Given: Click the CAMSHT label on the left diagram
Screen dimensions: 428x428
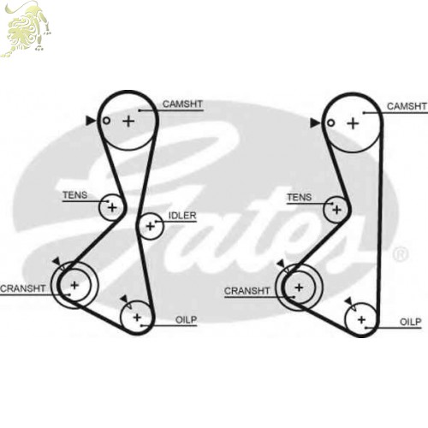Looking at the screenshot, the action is pos(182,104).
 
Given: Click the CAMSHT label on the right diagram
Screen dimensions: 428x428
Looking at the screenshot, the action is pos(407,106).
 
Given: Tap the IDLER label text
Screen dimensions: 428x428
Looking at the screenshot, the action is pos(182,216).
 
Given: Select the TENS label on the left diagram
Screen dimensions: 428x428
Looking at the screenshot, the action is pos(74,195).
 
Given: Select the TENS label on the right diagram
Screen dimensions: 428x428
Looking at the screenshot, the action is pos(299,197).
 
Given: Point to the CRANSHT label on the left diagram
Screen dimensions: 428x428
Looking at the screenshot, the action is pos(23,288).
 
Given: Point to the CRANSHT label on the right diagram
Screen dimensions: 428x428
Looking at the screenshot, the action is pos(247,291).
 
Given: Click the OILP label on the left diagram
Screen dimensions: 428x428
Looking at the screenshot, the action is pos(186,320).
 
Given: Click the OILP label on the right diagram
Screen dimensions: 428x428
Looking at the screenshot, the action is pos(410,322).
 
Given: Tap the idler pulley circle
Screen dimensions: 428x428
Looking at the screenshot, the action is pos(163,226).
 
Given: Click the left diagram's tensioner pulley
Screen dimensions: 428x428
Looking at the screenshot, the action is pos(99,207).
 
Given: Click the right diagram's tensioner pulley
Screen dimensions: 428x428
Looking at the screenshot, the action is pos(324,210).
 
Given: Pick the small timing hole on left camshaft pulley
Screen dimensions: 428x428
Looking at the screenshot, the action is pos(106,121).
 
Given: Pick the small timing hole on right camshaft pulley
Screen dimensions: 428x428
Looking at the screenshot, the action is pos(330,123).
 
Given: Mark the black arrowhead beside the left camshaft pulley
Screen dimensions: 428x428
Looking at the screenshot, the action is pos(91,121).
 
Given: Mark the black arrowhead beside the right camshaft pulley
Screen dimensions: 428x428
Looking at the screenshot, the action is pos(315,123).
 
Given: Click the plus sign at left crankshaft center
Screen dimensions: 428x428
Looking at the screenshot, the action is pos(74,285).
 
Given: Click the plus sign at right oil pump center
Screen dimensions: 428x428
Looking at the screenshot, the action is pos(361,319).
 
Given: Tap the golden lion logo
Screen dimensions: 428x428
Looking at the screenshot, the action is pos(26,28).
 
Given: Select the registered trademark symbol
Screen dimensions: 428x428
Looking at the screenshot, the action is pos(401,254).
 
